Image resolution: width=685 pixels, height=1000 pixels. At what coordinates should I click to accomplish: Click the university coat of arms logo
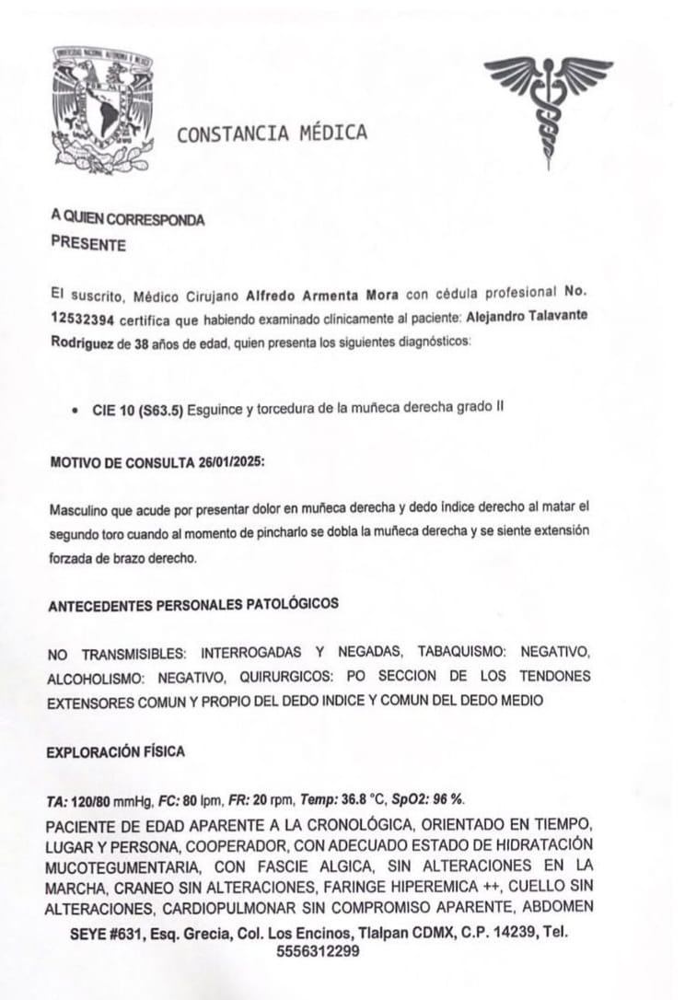101,109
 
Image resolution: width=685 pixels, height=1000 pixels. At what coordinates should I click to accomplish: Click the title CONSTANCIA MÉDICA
272,134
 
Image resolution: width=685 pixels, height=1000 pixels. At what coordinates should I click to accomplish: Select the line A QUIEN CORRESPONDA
127,219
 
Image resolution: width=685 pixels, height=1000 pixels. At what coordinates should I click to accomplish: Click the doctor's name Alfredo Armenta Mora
322,296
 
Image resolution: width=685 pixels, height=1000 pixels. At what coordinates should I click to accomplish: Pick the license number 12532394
84,320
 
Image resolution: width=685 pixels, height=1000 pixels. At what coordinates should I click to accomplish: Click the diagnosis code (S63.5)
160,411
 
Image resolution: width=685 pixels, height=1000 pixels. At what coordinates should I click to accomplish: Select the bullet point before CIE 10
74,412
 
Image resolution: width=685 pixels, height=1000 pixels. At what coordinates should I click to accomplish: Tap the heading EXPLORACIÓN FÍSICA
115,752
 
